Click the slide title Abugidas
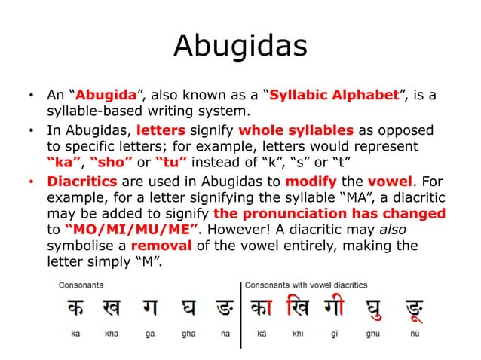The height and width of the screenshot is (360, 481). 240,47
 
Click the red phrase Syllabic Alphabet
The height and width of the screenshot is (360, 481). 334,96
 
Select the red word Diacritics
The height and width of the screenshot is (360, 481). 81,182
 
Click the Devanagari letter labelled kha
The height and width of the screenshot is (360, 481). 111,308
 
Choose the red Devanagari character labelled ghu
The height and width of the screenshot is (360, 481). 372,309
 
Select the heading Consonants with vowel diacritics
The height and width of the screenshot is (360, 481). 306,285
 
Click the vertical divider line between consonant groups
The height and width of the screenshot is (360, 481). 240,313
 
